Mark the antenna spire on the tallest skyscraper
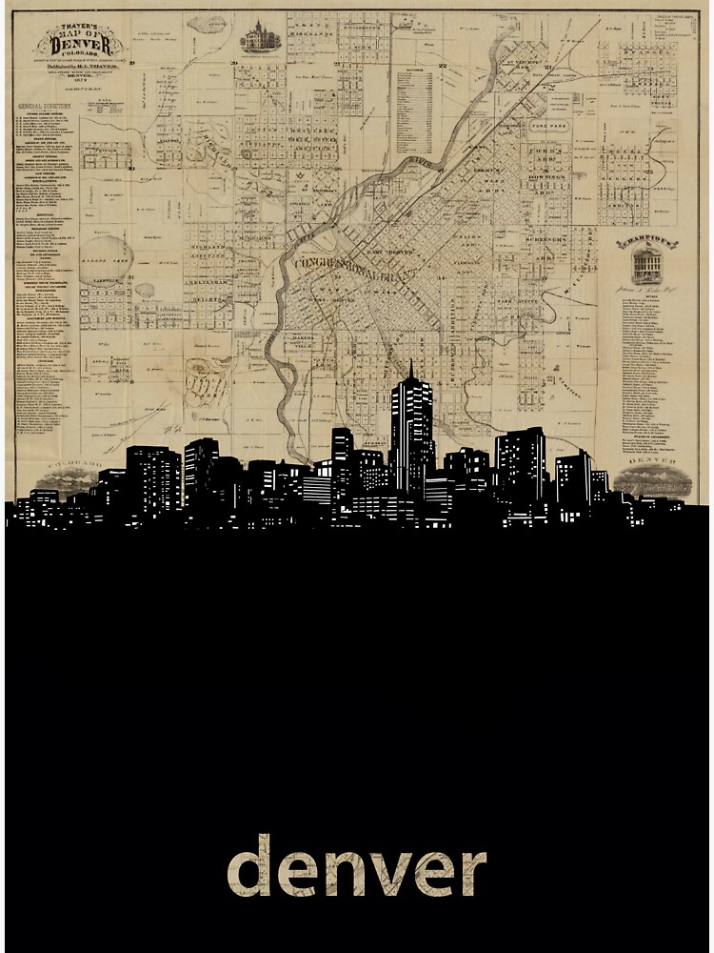[x=411, y=368]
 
